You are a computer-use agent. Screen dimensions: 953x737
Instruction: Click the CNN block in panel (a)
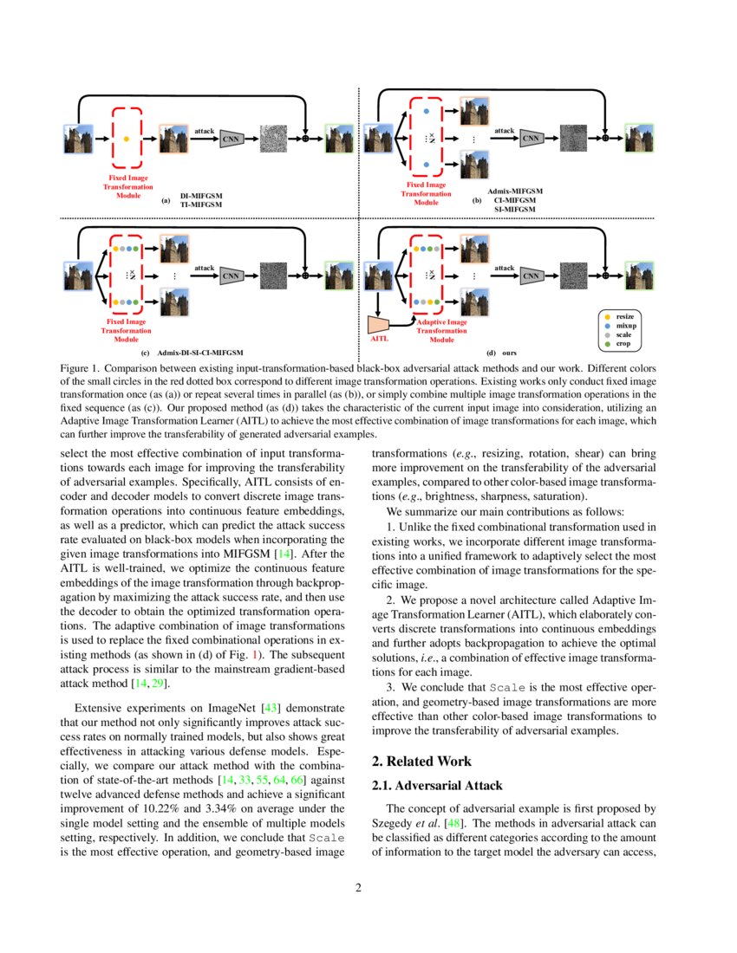[x=230, y=139]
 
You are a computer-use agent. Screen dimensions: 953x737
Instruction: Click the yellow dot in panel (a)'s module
[x=127, y=139]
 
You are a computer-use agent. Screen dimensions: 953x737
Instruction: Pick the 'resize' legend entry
[x=624, y=316]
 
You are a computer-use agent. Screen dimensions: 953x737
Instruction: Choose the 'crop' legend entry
[x=623, y=344]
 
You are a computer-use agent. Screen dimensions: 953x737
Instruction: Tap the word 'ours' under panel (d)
[x=509, y=353]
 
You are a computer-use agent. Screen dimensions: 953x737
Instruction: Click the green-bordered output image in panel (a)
[x=338, y=139]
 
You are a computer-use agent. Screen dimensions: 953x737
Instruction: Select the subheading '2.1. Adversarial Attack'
[x=437, y=786]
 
